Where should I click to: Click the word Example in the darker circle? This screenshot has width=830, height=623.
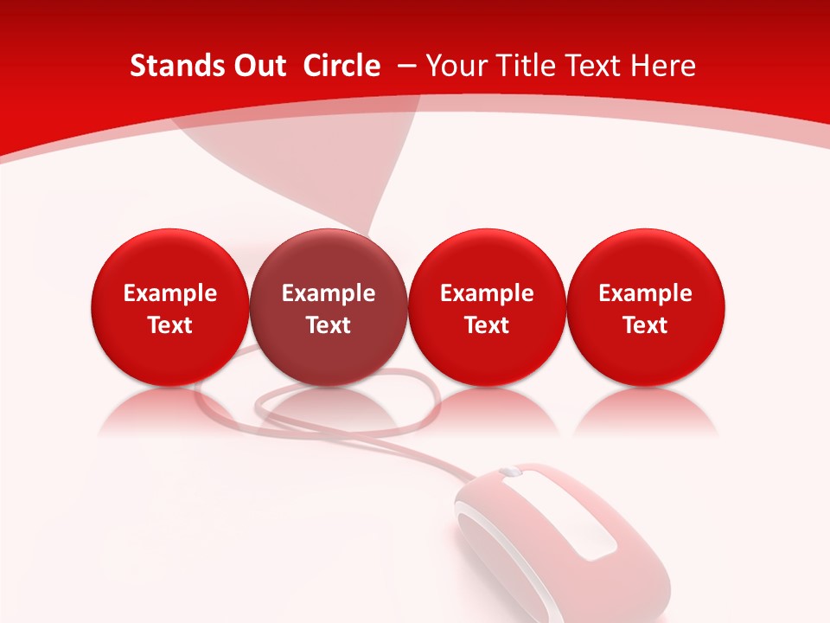329,294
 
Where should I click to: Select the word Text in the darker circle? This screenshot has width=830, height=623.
329,325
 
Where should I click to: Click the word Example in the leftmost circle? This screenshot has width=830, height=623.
170,294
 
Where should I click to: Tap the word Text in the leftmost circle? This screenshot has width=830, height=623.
170,325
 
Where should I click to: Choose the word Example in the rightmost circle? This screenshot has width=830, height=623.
646,294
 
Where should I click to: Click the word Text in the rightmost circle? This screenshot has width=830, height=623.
646,325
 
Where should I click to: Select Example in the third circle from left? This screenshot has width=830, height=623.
487,294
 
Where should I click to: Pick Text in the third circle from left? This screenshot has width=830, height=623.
487,325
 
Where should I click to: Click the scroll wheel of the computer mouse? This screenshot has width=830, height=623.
510,472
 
